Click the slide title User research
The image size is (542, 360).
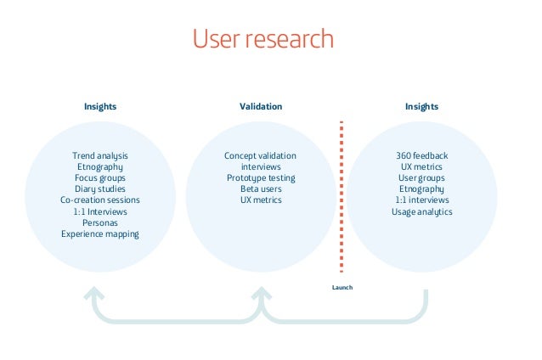[x=263, y=40]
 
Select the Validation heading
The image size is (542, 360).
[x=261, y=107]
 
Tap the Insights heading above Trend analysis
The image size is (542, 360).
[x=100, y=107]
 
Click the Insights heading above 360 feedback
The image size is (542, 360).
[x=421, y=107]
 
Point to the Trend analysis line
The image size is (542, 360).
[x=100, y=156]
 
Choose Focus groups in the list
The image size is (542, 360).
[x=100, y=178]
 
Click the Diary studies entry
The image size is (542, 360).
[x=100, y=189]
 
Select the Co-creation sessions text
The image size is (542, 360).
[x=100, y=200]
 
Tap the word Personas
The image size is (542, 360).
[x=100, y=222]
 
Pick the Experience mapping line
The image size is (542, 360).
[x=100, y=233]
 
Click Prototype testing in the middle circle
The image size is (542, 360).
[x=261, y=178]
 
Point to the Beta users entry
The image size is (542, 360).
[x=261, y=189]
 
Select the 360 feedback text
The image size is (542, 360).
[x=421, y=156]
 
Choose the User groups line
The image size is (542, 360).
[x=421, y=178]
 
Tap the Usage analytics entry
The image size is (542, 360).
[x=421, y=211]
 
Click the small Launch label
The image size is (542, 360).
[x=342, y=288]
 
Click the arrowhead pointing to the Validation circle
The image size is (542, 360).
[x=261, y=294]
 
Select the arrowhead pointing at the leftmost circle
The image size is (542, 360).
[x=93, y=294]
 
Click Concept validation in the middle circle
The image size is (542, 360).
[x=261, y=156]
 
